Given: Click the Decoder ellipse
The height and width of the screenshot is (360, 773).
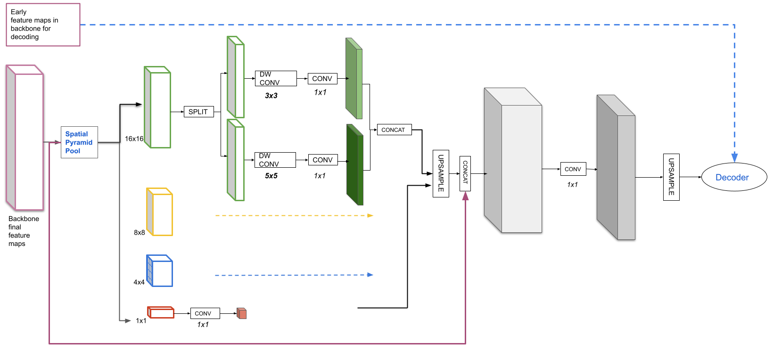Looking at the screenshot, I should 734,177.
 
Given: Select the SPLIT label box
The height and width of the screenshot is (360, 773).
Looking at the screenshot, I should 198,112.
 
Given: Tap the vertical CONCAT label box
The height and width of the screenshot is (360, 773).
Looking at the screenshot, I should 465,173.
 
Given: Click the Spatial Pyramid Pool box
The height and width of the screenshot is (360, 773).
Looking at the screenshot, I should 79,142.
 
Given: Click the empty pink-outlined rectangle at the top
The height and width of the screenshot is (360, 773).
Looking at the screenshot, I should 43,25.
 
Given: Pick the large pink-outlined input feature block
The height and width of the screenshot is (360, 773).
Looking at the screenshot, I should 26,139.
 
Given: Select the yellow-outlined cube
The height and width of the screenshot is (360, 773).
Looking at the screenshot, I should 160,213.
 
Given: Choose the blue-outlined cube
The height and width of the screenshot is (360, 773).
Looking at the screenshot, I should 160,271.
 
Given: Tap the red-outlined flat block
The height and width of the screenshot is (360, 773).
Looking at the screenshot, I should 161,312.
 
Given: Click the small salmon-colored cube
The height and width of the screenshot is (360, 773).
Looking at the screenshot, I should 242,313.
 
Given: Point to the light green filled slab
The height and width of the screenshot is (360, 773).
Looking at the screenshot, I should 354,79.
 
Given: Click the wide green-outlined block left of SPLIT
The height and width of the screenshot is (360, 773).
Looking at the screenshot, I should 158,108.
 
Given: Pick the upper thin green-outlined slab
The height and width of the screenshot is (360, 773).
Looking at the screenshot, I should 236,78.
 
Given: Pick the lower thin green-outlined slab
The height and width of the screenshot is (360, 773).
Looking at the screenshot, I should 236,161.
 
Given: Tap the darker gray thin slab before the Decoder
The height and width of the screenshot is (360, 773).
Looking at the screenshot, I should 617,170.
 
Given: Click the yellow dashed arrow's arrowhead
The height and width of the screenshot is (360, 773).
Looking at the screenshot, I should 370,215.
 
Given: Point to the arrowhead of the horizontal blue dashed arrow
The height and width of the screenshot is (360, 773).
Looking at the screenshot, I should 370,275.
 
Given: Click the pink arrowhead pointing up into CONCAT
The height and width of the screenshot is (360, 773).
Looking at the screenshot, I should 465,196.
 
